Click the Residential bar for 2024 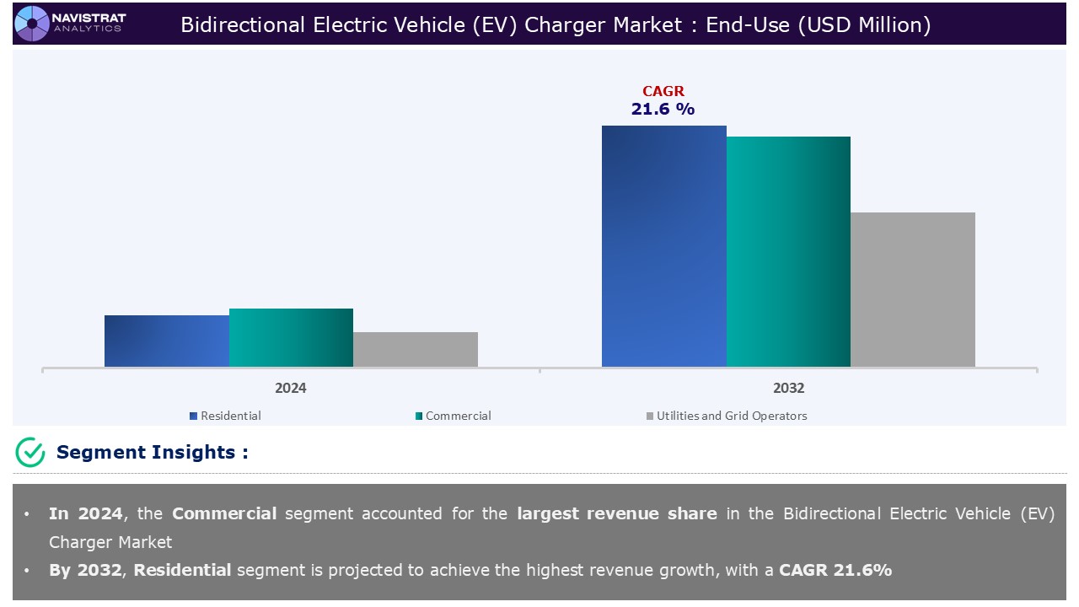[x=166, y=341]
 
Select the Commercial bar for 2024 [x=291, y=337]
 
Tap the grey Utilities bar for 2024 [x=416, y=349]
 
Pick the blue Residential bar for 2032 [x=663, y=246]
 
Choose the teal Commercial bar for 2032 [x=788, y=251]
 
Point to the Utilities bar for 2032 [x=913, y=289]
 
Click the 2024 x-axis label [x=291, y=389]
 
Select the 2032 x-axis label [x=788, y=389]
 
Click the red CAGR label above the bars [x=663, y=91]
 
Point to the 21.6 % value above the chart [x=663, y=109]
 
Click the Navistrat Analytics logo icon [x=31, y=23]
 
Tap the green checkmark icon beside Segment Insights [x=30, y=452]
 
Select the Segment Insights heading [x=152, y=452]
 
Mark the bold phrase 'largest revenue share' [x=617, y=513]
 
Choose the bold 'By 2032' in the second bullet [x=86, y=570]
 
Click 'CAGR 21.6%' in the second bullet [x=835, y=570]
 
